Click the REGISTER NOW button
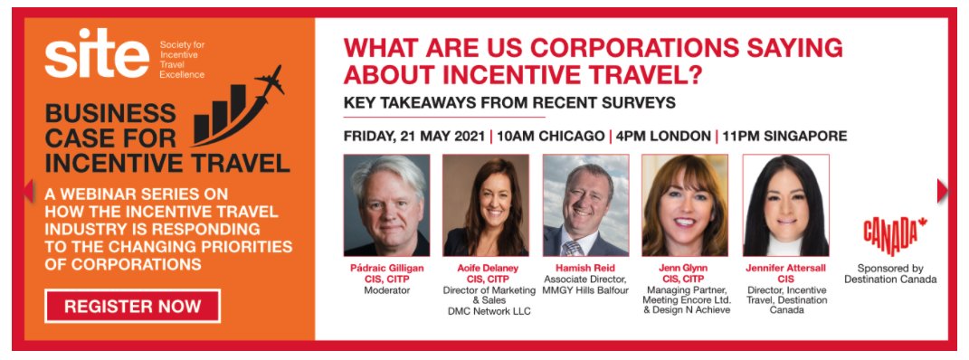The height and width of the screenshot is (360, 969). coord(132,306)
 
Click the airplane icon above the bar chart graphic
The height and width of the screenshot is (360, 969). coord(269,84)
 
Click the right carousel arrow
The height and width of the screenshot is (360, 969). coord(942,190)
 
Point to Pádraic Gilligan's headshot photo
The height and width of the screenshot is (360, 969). coord(386,205)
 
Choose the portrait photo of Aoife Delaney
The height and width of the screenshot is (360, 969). coord(485,205)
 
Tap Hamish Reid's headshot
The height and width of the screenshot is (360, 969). coord(585,205)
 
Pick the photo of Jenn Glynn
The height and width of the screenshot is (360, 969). coord(685,205)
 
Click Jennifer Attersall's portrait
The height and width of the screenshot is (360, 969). coord(785,205)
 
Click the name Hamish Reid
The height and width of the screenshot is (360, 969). coord(585,268)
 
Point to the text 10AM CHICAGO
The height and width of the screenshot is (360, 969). coord(551,137)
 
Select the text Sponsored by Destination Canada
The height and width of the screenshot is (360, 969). coord(890,274)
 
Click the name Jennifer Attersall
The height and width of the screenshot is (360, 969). coord(785,268)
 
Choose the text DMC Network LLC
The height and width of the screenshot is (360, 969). coord(486,311)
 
